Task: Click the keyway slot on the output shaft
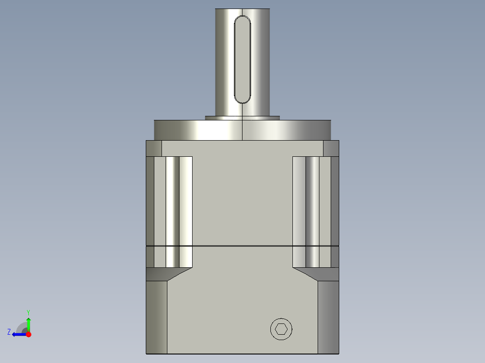[242, 58]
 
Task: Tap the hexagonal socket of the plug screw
[281, 329]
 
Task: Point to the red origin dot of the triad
[28, 334]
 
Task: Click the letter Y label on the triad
[28, 312]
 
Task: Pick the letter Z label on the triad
[9, 332]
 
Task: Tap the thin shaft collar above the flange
[242, 118]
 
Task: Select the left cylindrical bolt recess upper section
[173, 200]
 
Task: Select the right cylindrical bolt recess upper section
[312, 200]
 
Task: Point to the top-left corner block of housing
[153, 148]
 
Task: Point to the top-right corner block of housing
[331, 148]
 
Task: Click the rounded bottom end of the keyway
[242, 99]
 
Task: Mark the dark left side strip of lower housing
[156, 317]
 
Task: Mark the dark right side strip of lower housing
[328, 317]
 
